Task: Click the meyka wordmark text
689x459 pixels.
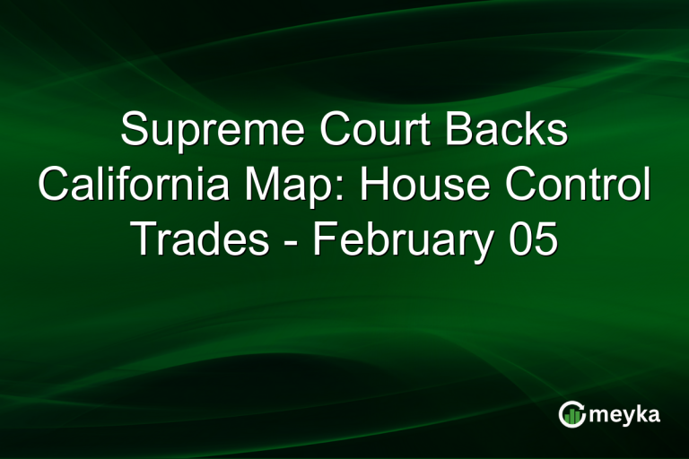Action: click(x=627, y=414)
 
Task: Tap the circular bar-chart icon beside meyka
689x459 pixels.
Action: click(x=571, y=414)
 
